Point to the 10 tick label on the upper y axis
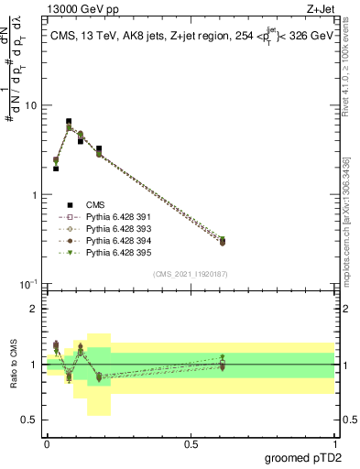click(x=30, y=106)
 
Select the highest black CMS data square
click(x=69, y=121)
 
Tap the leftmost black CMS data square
click(x=56, y=169)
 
